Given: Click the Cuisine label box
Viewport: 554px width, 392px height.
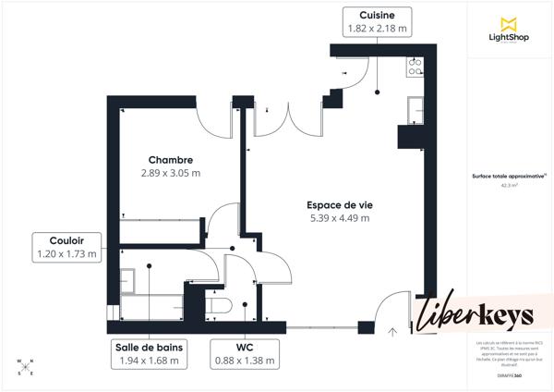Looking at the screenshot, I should [376, 22].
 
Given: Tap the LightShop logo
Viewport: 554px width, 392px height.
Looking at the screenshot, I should [507, 31].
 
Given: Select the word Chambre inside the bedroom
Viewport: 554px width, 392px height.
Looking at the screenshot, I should [170, 160].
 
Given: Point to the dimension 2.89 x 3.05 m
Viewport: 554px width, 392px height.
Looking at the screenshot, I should [170, 173].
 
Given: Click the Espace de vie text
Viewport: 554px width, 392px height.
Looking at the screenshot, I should [339, 205].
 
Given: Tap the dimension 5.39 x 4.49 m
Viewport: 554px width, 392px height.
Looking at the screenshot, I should [339, 218].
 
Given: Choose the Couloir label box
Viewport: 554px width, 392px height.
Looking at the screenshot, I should [66, 247].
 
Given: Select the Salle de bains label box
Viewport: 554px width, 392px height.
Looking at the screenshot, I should [151, 354].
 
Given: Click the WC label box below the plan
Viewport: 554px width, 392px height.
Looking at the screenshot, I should [245, 354].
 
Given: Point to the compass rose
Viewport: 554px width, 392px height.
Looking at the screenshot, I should [26, 366].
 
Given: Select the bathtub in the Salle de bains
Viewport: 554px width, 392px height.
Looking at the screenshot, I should [152, 306].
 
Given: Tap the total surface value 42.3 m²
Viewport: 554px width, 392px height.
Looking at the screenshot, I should [509, 185].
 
